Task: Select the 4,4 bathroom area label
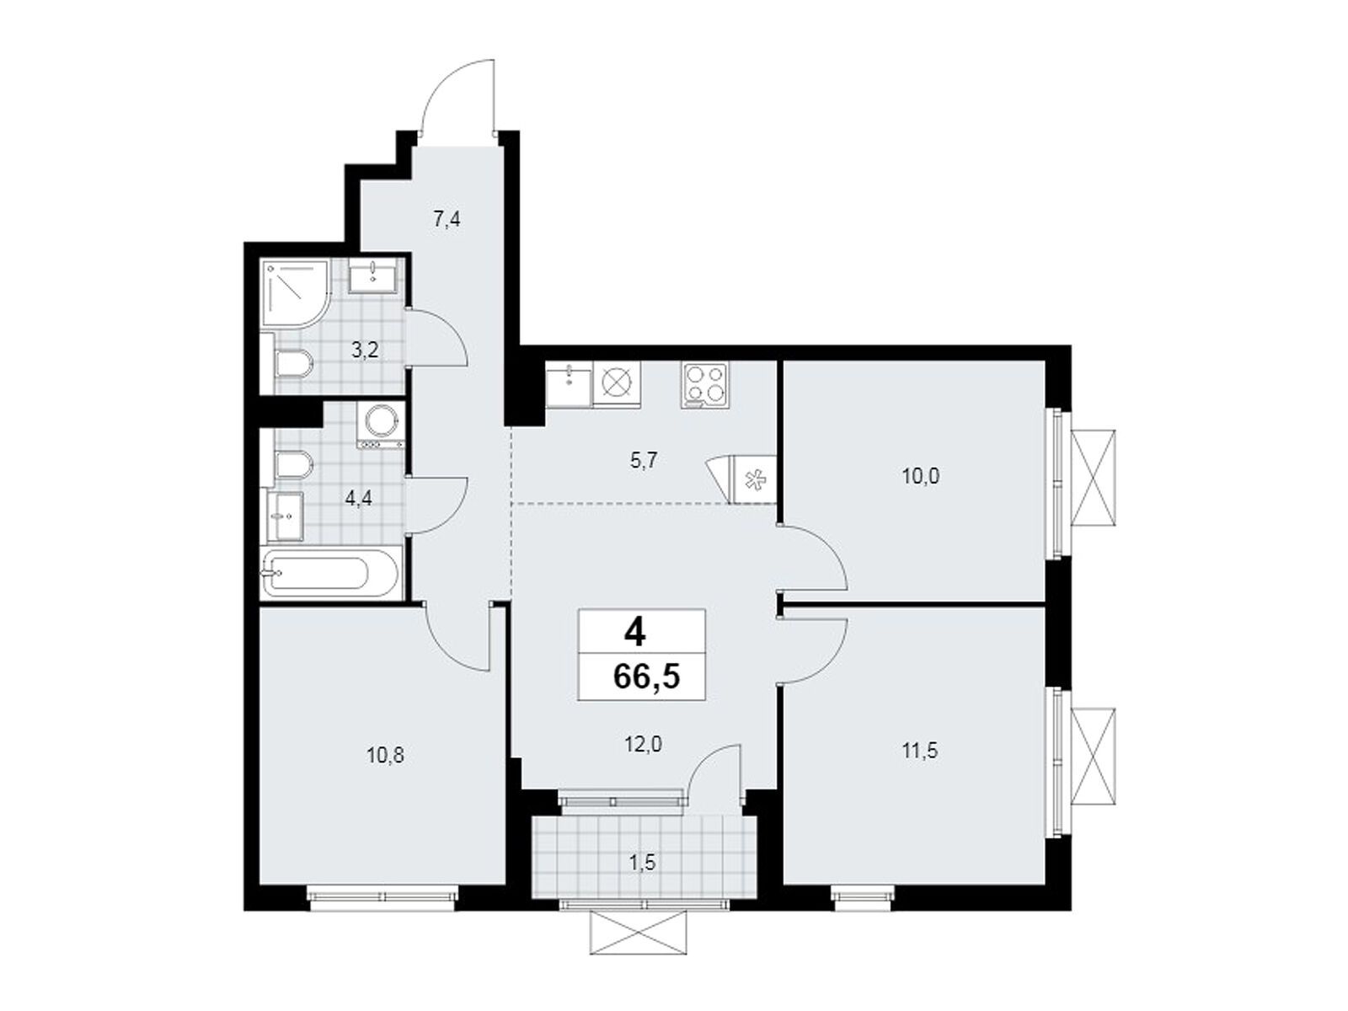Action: (358, 497)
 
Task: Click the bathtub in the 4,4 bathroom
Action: (321, 572)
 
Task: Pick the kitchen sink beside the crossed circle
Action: (570, 384)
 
